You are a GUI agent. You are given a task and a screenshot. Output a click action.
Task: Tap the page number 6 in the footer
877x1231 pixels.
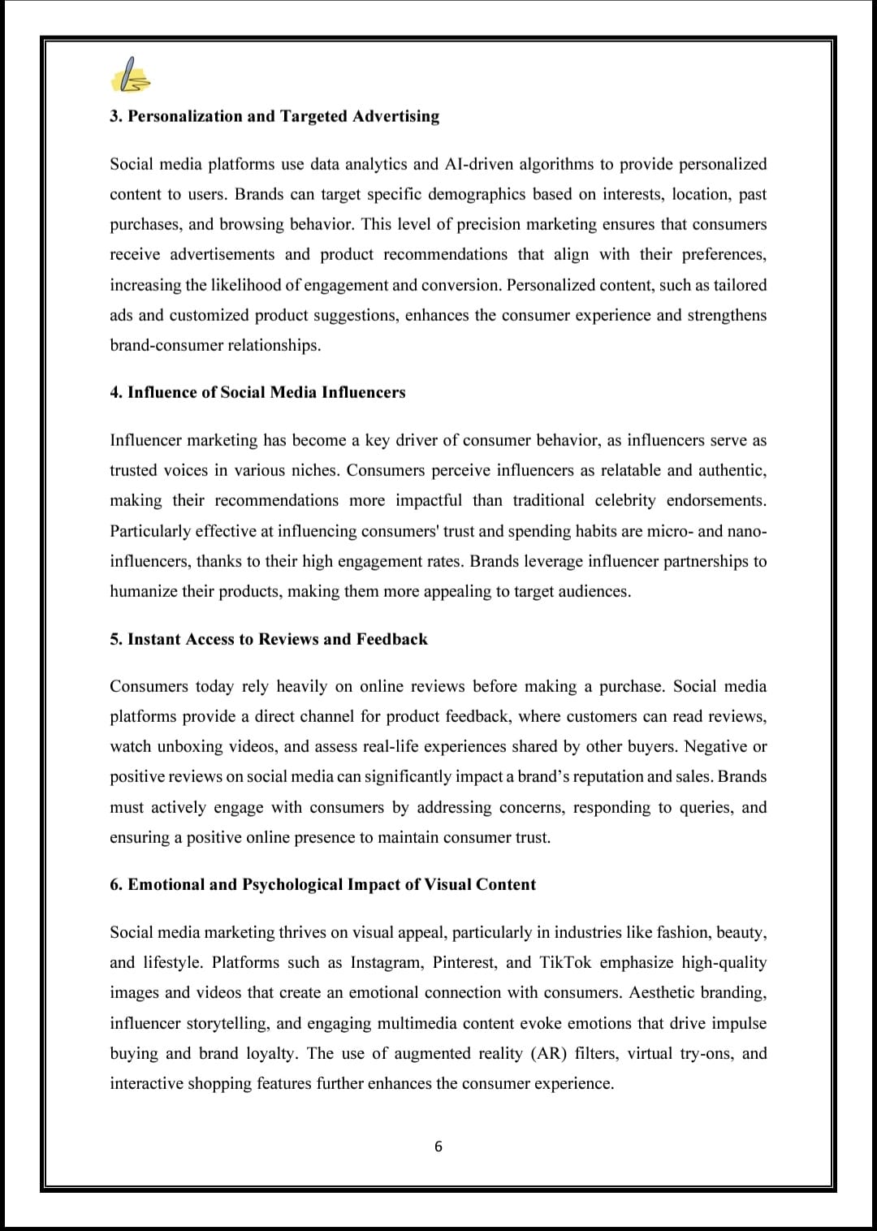coord(438,1147)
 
